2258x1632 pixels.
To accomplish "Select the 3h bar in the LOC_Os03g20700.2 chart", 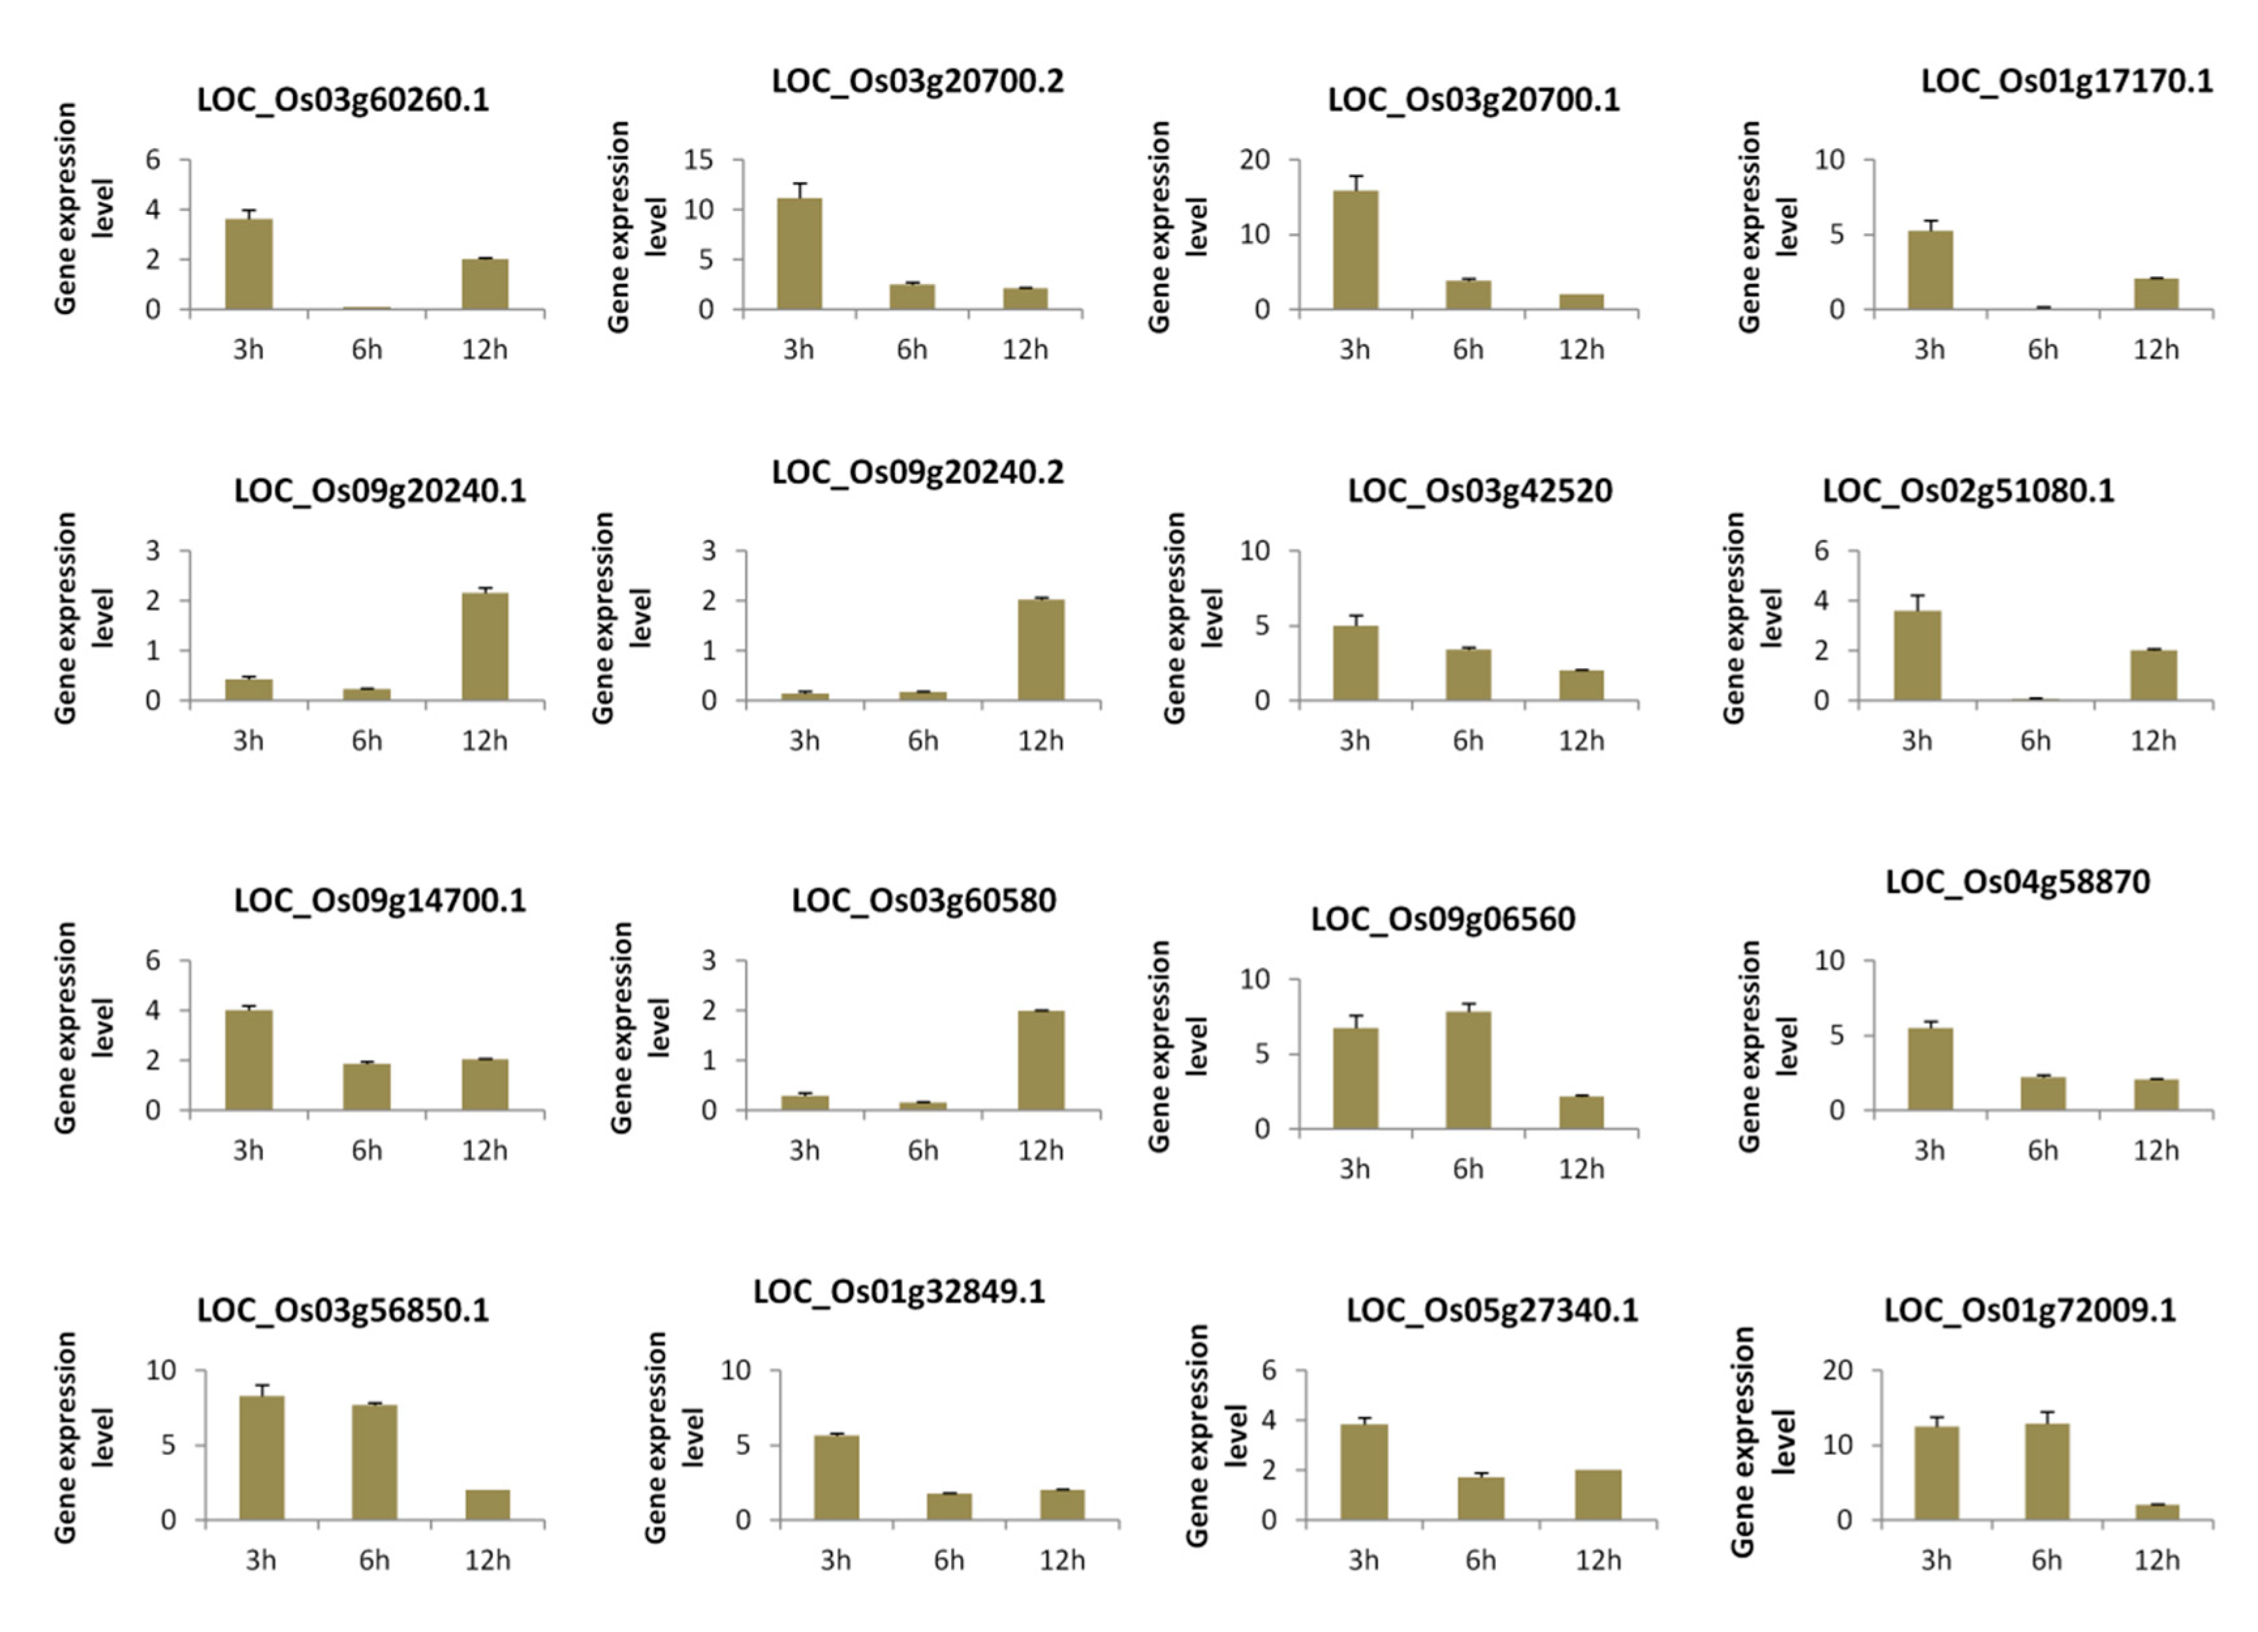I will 800,254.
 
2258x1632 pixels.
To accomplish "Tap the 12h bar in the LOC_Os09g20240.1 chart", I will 485,647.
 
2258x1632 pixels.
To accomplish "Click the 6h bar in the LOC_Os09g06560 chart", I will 1469,1070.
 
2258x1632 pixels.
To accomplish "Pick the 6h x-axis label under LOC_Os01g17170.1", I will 2043,349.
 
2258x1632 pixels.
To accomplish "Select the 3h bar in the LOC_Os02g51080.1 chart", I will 1917,656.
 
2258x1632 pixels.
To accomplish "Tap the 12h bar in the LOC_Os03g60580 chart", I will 1041,1061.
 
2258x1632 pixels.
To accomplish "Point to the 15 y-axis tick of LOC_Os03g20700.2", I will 699,159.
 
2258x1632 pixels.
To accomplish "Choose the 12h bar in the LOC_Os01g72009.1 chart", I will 2156,1512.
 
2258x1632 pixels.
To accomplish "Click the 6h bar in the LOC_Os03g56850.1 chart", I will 374,1462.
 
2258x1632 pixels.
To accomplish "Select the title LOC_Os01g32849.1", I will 899,1292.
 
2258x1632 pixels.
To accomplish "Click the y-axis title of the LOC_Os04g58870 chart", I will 1767,1046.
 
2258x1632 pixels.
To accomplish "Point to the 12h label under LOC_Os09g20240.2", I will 1041,741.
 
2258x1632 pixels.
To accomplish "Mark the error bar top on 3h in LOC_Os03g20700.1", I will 1356,176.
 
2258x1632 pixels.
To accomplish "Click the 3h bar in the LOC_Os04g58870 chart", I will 1930,1070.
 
